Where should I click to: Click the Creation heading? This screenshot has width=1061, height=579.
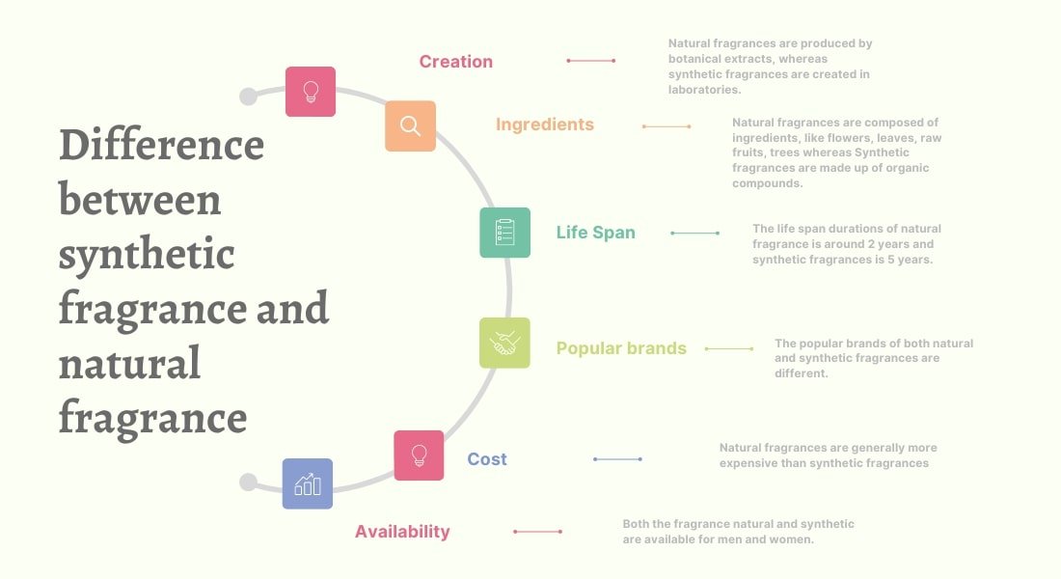coord(455,62)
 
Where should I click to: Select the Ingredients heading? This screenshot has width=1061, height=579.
coord(545,124)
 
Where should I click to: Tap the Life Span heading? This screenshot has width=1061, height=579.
coord(595,233)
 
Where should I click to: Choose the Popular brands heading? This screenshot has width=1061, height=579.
coord(621,348)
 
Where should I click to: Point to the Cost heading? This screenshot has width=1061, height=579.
coord(486,459)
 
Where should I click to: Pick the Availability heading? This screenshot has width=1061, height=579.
coord(402,532)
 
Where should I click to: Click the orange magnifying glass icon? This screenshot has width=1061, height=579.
coord(410,126)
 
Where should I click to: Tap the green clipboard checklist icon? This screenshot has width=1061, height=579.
coord(504,233)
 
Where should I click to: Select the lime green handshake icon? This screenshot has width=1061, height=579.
coord(504,343)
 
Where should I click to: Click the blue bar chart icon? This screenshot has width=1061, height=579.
coord(307,483)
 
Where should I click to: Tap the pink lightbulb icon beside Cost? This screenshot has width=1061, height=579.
coord(419,455)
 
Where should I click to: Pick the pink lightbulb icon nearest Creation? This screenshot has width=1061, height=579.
coord(311,92)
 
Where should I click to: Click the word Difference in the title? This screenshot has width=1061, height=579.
coord(162,145)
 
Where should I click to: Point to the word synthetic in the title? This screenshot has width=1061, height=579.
coord(147,256)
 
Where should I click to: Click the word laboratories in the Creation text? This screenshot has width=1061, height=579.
coord(704,90)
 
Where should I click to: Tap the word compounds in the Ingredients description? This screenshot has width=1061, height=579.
coord(768,183)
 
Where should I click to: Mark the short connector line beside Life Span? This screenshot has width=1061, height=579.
coord(694,233)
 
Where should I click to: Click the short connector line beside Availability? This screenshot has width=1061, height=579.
coord(537,532)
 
